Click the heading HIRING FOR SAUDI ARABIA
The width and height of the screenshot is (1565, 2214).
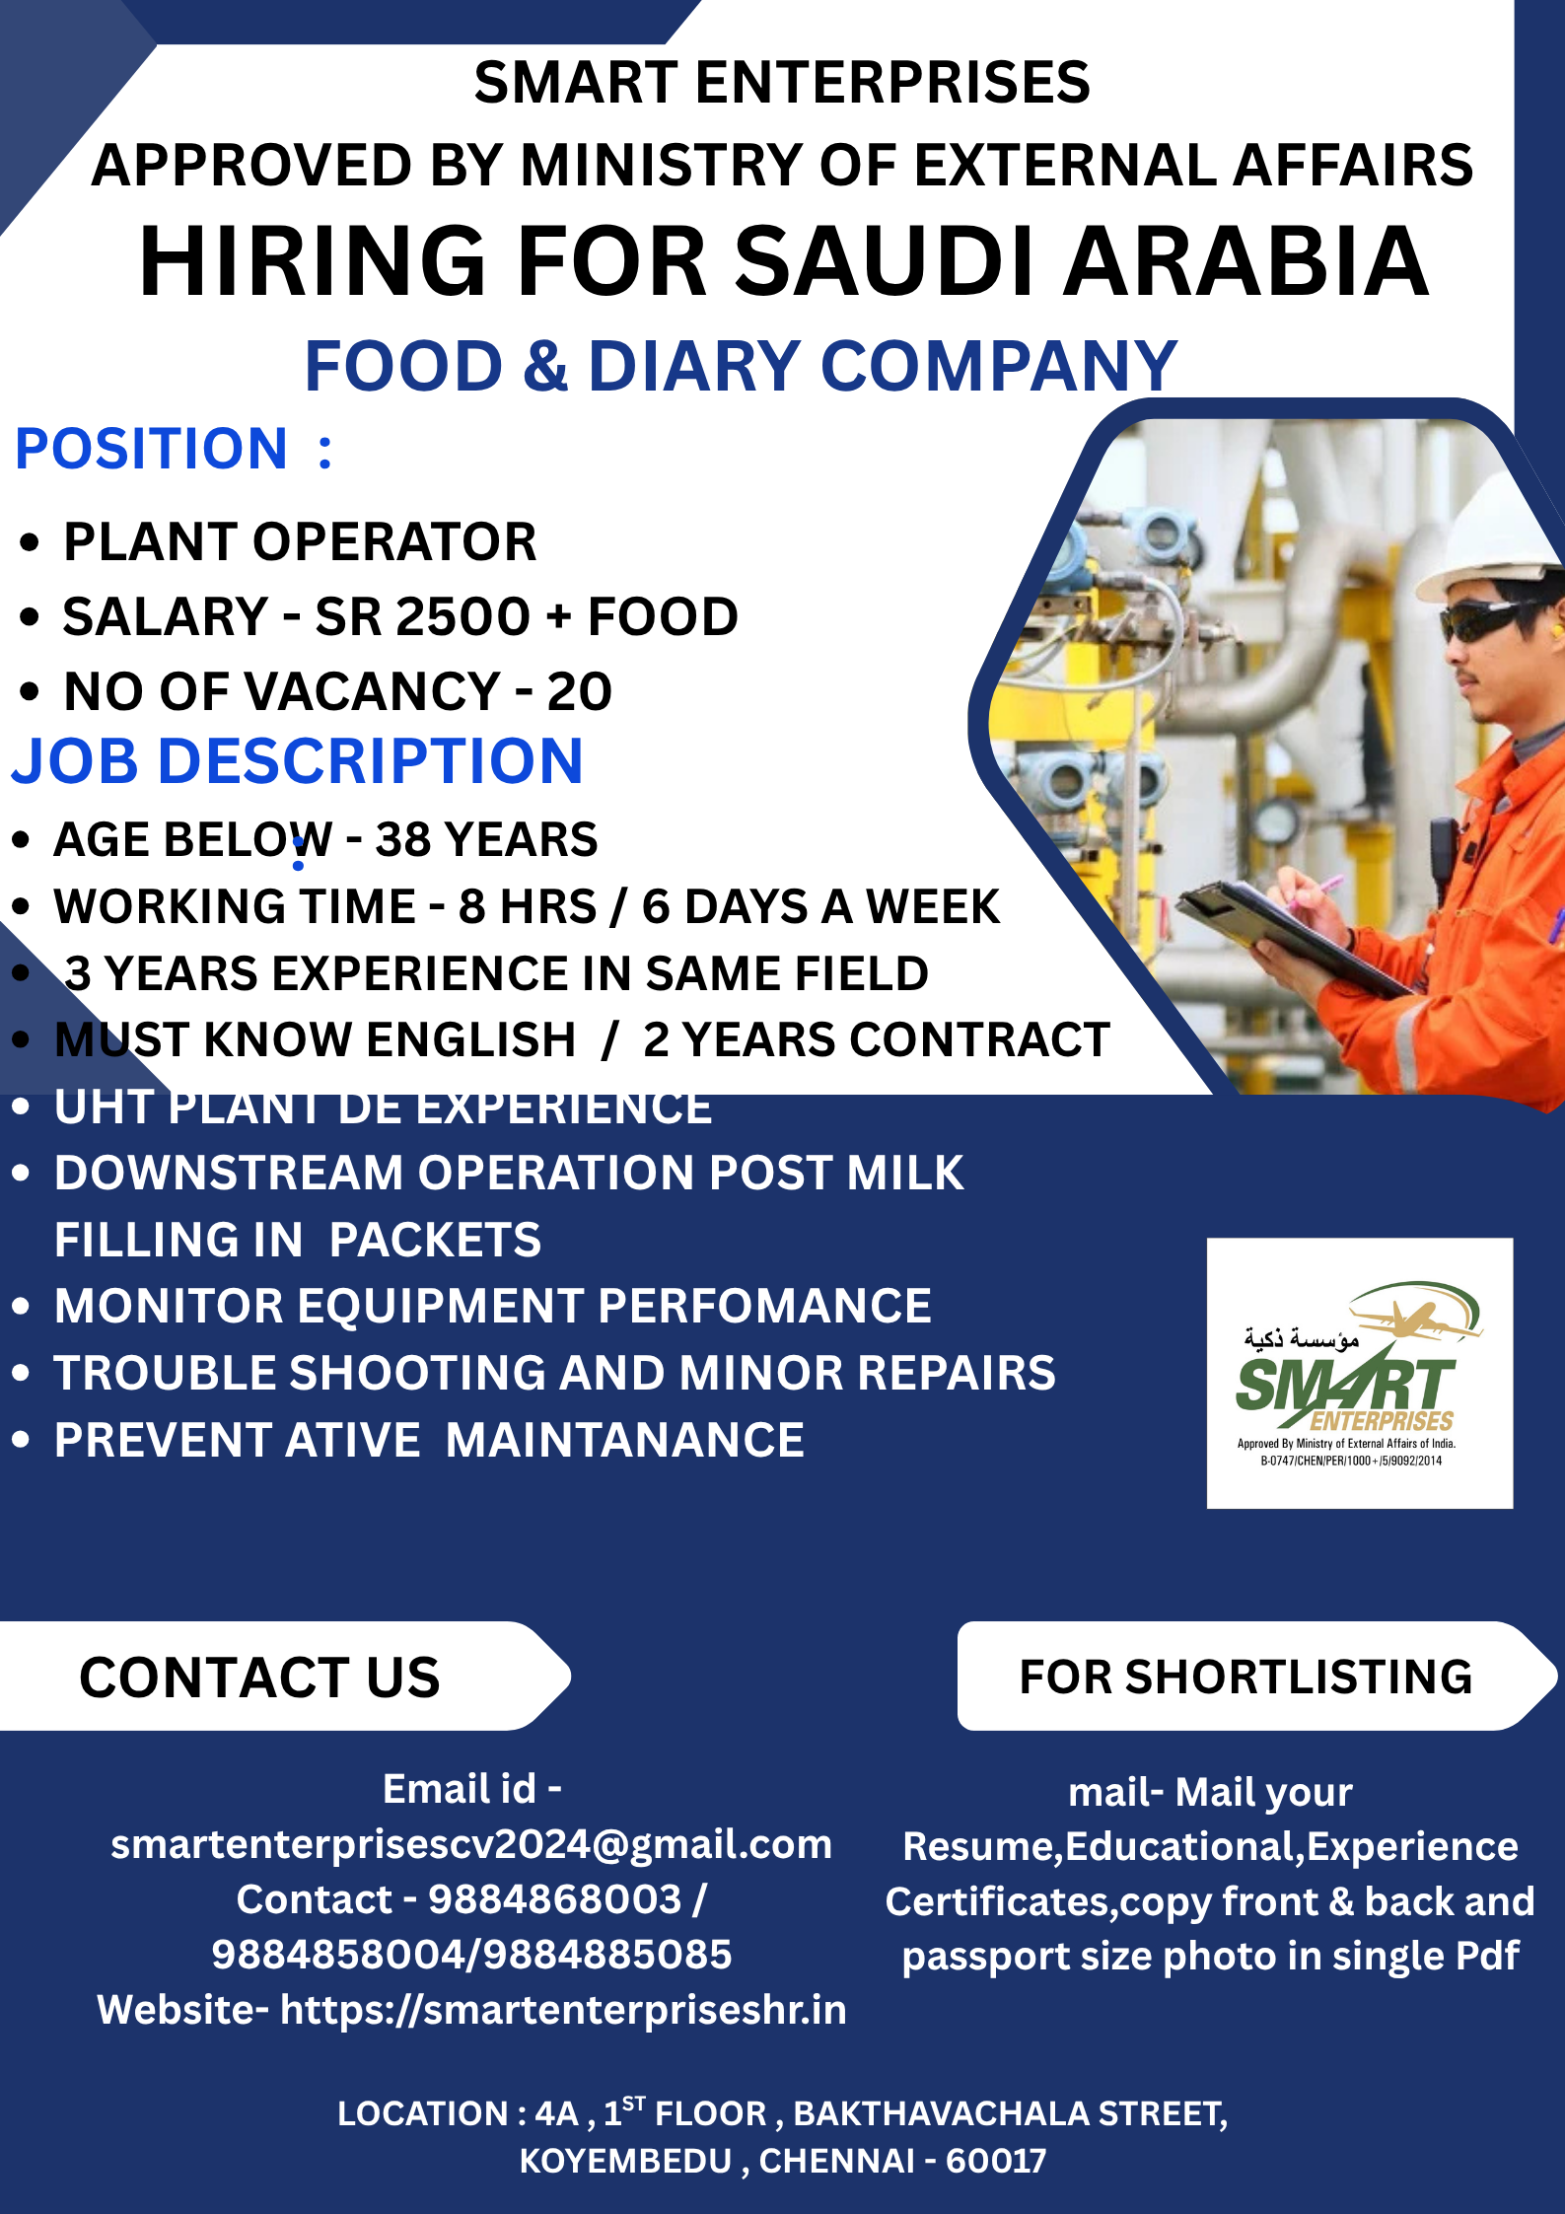point(784,261)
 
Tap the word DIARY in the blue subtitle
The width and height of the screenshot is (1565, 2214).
point(694,366)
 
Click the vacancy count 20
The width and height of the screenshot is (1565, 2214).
point(580,691)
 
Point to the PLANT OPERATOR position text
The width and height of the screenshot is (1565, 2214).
point(300,541)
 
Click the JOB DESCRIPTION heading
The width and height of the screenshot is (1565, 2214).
point(298,761)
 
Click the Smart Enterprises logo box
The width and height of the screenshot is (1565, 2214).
point(1360,1373)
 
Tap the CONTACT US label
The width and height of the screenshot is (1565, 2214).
point(260,1678)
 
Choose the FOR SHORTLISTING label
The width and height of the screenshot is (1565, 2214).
point(1245,1677)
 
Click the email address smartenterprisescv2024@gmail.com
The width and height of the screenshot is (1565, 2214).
point(471,1844)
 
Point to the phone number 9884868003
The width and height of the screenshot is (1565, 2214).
point(555,1899)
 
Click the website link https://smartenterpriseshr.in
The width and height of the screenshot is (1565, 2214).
point(563,2010)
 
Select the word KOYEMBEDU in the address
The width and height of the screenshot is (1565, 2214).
point(626,2161)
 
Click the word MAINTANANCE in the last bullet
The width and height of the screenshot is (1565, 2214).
point(625,1440)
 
